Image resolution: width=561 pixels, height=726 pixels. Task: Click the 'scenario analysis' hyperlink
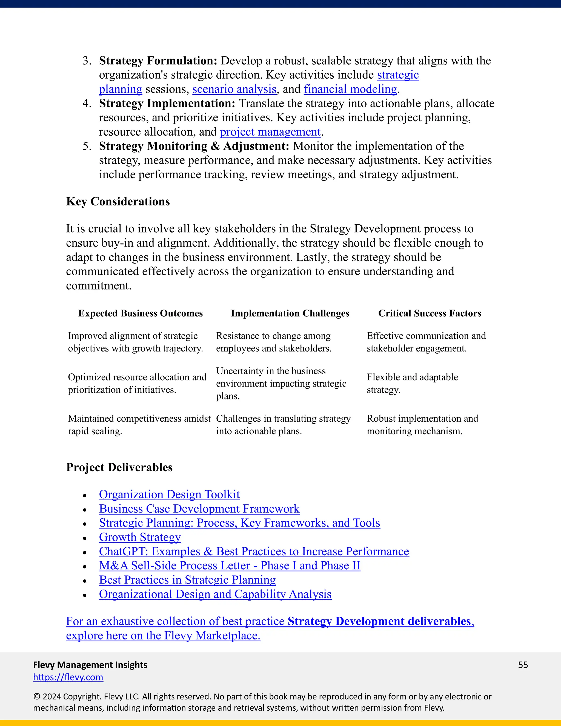[234, 89]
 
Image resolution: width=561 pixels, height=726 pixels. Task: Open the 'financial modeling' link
[350, 89]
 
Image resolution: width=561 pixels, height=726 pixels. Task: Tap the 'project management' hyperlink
[270, 132]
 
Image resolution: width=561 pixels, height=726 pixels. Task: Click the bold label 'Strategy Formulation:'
[158, 61]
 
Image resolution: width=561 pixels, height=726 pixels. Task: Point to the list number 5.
[87, 146]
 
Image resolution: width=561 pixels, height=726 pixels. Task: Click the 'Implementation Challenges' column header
[290, 313]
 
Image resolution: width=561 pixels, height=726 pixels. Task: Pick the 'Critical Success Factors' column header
[430, 313]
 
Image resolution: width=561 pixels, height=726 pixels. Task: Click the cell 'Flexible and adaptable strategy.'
[412, 383]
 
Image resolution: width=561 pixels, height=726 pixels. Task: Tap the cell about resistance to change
[274, 342]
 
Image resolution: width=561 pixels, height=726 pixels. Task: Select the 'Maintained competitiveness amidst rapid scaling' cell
[139, 425]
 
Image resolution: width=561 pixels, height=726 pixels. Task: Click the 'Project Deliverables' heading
[119, 467]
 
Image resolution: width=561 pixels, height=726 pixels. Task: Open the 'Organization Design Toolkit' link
[169, 495]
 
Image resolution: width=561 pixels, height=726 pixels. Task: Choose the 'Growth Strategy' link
[140, 537]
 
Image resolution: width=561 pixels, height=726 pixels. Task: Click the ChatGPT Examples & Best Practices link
[254, 551]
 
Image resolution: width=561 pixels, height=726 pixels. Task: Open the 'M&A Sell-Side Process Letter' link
[229, 566]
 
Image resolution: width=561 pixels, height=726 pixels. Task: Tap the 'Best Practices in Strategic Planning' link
[187, 580]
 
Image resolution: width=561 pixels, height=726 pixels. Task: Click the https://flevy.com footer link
[68, 677]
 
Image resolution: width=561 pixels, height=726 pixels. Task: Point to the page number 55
[523, 665]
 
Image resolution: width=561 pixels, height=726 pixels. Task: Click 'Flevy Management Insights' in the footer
[90, 665]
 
